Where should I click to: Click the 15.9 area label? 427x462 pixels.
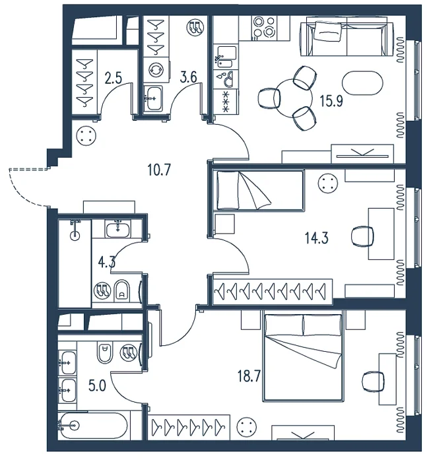[331, 102]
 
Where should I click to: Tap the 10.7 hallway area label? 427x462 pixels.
[159, 170]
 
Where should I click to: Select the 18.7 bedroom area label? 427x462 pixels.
[249, 376]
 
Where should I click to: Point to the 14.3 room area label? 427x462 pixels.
[317, 238]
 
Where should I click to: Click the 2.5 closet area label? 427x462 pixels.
[113, 79]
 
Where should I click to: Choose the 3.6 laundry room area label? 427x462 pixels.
[188, 78]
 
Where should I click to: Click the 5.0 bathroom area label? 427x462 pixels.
[97, 385]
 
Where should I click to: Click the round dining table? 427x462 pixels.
[292, 98]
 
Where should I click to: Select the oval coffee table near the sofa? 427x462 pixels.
[362, 82]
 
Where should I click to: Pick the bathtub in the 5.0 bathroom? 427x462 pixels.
[93, 426]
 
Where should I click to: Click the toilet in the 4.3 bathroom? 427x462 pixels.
[121, 290]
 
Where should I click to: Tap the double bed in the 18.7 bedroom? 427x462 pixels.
[303, 357]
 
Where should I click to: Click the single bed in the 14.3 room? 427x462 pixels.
[259, 190]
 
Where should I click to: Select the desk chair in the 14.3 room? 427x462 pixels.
[363, 236]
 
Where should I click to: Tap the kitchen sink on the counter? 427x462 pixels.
[226, 56]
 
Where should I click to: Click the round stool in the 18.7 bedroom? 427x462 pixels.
[247, 426]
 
